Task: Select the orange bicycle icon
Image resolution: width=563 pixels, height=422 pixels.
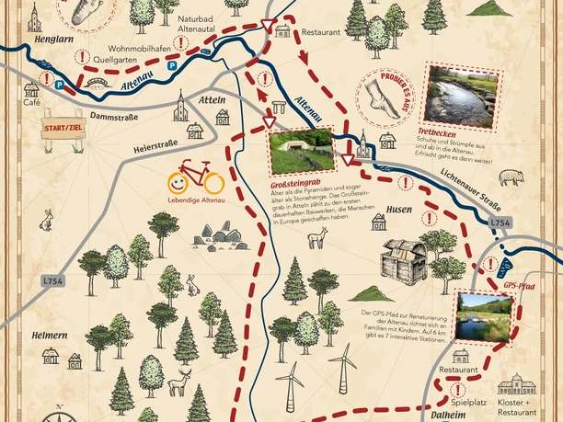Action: [194, 175]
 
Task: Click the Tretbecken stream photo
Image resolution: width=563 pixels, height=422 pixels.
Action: [459, 95]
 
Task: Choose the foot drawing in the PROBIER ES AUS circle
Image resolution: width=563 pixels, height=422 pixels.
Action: [382, 96]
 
